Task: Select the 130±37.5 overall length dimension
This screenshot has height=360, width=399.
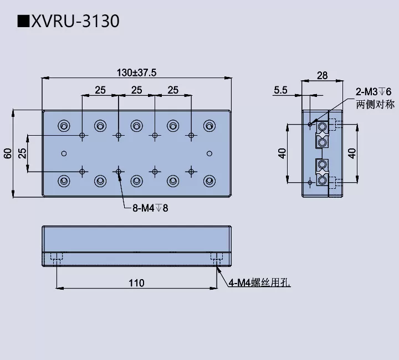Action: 136,73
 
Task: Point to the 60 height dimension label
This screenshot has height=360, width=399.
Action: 8,153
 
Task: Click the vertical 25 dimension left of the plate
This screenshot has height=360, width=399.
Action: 22,153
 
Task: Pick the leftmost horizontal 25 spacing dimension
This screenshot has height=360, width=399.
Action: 100,90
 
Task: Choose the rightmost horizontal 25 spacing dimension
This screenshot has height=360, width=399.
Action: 173,90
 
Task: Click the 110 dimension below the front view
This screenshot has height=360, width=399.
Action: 136,283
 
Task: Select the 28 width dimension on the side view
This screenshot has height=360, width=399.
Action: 321,75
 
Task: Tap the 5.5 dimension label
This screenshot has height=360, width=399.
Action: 281,90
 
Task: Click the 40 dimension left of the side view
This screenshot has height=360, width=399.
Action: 282,153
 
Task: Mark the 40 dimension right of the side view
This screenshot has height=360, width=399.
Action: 351,153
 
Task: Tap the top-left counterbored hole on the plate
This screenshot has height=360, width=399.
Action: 64,125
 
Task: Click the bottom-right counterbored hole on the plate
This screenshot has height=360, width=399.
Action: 209,181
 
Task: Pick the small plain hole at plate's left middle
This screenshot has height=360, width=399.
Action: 64,153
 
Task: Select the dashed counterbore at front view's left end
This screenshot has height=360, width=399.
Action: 56,257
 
